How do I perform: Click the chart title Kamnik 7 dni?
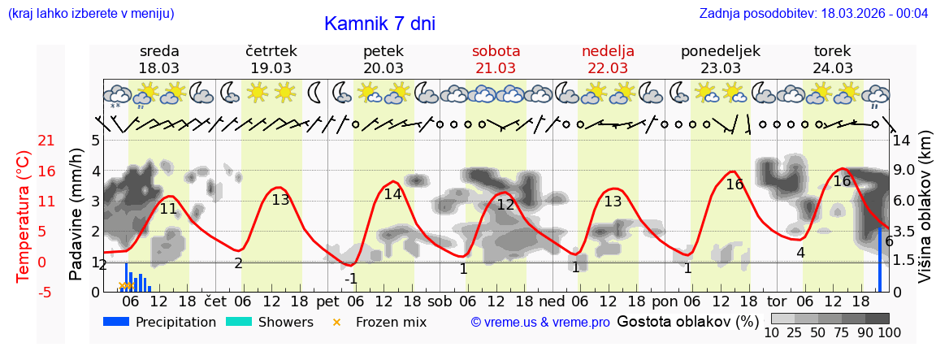[x=379, y=24]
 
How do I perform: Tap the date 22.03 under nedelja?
[x=608, y=68]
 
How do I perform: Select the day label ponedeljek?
[x=720, y=51]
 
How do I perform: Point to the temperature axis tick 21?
[x=24, y=141]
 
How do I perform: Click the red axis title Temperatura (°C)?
[x=24, y=215]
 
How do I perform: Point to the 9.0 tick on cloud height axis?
[x=904, y=171]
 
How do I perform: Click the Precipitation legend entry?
[x=159, y=322]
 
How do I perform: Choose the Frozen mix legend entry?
[x=382, y=322]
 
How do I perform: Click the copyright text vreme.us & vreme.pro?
[x=540, y=322]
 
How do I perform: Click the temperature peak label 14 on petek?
[x=392, y=194]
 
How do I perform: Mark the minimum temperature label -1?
[x=351, y=279]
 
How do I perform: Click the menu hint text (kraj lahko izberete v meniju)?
[x=91, y=13]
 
